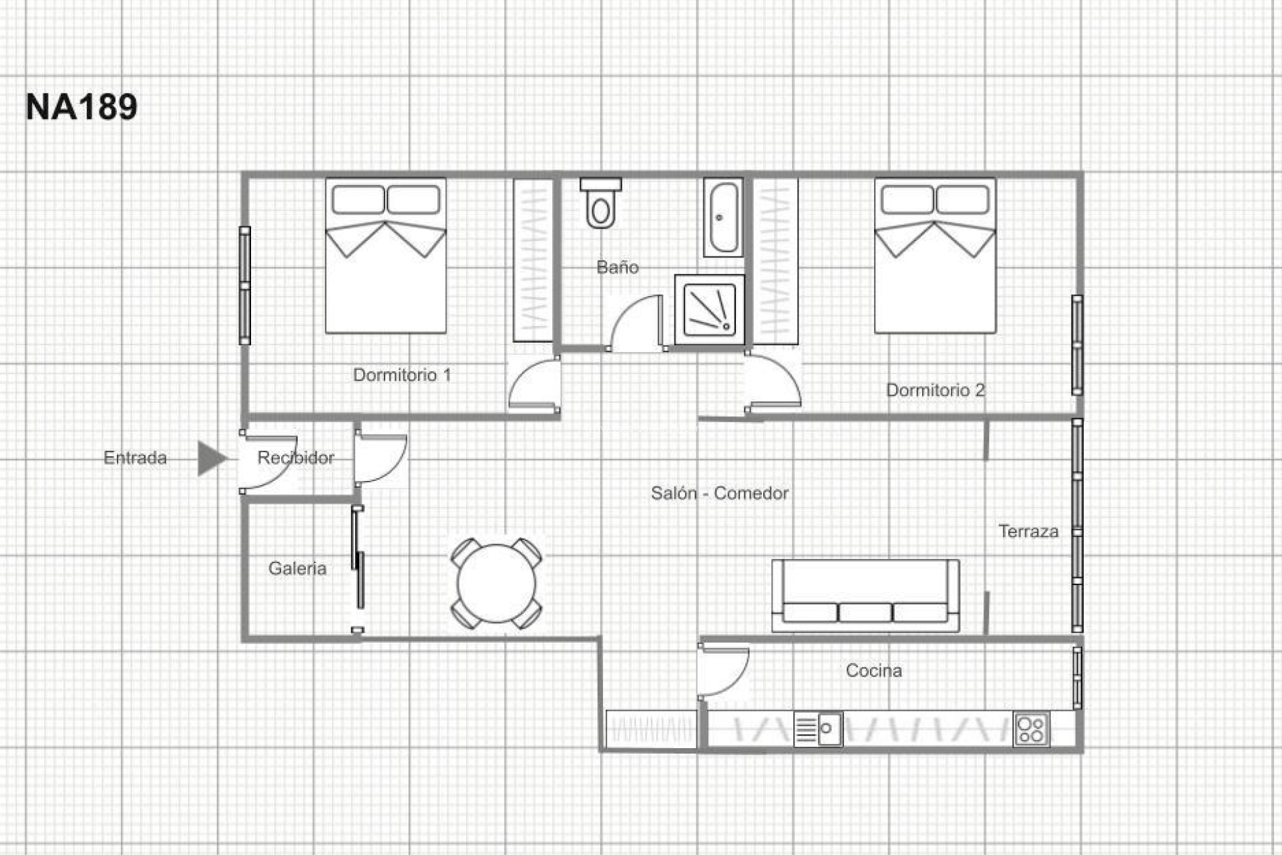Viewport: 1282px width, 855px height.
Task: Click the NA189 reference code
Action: pyautogui.click(x=81, y=107)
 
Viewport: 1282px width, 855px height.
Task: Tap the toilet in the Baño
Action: pyautogui.click(x=601, y=204)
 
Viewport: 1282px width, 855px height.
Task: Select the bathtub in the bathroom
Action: pyautogui.click(x=723, y=217)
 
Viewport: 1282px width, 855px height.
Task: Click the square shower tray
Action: pyautogui.click(x=710, y=309)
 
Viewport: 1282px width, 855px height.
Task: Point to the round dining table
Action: pyautogui.click(x=496, y=583)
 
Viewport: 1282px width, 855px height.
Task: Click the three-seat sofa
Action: pyautogui.click(x=865, y=595)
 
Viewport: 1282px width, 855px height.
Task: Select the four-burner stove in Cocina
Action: pyautogui.click(x=1031, y=729)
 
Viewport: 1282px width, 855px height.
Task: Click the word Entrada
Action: pyautogui.click(x=135, y=458)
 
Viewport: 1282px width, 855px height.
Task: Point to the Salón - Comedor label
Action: pyautogui.click(x=719, y=494)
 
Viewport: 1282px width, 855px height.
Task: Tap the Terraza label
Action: pyautogui.click(x=1028, y=532)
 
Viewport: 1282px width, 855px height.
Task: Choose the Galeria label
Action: pyautogui.click(x=297, y=568)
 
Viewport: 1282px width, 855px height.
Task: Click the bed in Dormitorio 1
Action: pyautogui.click(x=385, y=256)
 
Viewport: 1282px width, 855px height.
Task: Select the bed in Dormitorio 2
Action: pyautogui.click(x=935, y=256)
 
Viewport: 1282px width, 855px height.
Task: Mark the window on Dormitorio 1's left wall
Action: pyautogui.click(x=245, y=286)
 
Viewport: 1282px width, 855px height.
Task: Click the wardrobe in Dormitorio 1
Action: pyautogui.click(x=533, y=261)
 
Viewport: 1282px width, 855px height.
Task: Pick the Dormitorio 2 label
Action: pyautogui.click(x=935, y=390)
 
